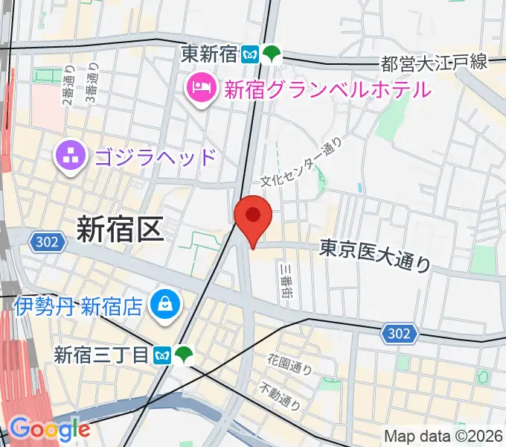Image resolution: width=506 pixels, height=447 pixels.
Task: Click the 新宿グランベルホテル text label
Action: pos(327,90)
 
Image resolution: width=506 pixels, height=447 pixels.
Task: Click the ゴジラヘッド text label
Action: pos(155,156)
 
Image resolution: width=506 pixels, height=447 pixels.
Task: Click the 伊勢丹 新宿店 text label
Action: pos(78,305)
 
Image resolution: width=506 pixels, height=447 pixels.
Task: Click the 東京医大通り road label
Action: pos(375,253)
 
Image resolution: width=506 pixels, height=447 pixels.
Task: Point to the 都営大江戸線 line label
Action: pos(434,63)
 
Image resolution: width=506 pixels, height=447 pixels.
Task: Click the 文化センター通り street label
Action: pos(301,162)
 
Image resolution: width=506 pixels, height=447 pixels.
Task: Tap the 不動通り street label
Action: pos(280,396)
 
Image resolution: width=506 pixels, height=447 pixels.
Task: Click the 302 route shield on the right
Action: pos(399,334)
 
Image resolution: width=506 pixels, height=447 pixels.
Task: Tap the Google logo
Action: pos(49,429)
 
